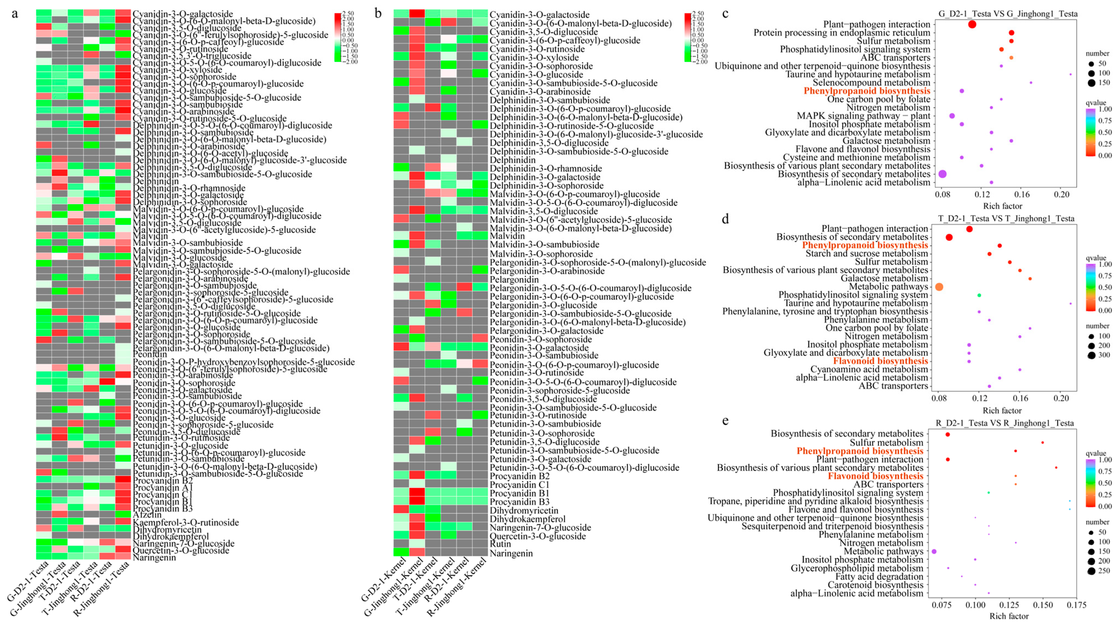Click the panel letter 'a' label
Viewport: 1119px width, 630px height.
15,14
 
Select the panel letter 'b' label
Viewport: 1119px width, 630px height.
378,14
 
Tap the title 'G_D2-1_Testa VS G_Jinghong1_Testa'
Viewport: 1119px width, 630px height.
1008,14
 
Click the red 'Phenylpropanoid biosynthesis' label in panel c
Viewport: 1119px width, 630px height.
867,91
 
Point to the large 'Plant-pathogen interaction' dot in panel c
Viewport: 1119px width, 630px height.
972,25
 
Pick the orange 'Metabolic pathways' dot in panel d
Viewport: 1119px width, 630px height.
939,287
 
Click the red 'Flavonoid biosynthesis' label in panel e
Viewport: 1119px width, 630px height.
875,476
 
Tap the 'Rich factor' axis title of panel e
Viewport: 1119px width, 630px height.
1009,616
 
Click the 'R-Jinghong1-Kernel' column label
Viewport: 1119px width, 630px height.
458,589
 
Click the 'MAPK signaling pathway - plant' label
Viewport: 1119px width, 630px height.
863,116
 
